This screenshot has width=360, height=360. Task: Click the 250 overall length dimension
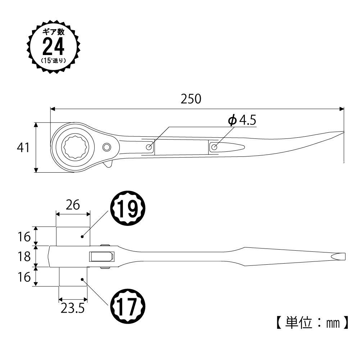click(x=191, y=99)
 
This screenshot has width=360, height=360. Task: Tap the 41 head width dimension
click(x=23, y=147)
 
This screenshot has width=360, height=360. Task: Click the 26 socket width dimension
click(x=73, y=205)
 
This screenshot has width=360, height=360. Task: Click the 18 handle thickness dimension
click(x=24, y=256)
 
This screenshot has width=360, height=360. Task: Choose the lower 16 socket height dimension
click(x=24, y=277)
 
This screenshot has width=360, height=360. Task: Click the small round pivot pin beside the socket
click(x=107, y=147)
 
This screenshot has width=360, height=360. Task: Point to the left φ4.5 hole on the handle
click(x=149, y=147)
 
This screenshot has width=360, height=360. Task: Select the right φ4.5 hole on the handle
click(x=214, y=147)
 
